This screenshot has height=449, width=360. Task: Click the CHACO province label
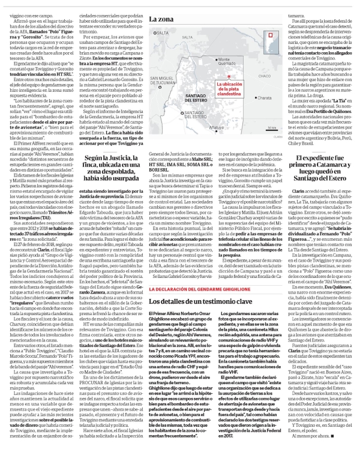(x=265, y=77)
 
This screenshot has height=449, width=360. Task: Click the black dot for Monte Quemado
(x=216, y=60)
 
